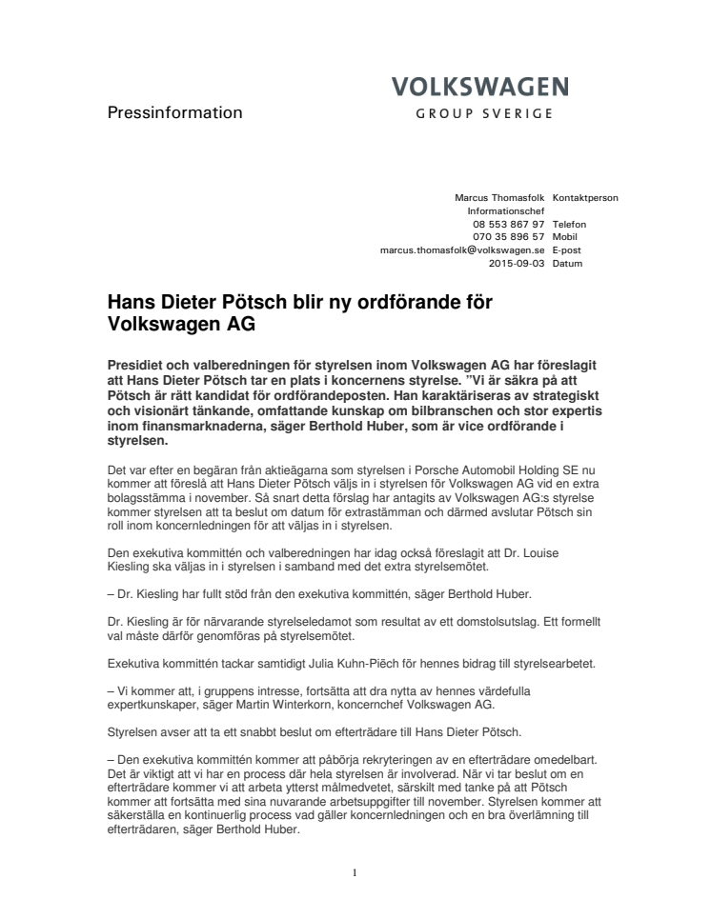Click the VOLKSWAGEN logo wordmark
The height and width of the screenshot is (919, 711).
click(480, 88)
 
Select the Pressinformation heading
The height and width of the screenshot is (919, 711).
click(174, 113)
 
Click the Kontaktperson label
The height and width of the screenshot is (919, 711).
click(585, 198)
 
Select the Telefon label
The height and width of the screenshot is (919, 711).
click(569, 224)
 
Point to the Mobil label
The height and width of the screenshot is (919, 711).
click(565, 236)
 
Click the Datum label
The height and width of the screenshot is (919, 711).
click(567, 263)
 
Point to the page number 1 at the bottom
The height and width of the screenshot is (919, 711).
click(355, 872)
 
